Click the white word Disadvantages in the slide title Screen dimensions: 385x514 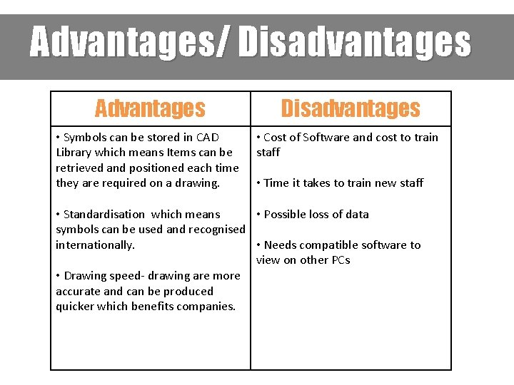[x=355, y=43]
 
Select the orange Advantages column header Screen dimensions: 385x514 [x=150, y=108]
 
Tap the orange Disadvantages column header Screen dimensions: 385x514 [x=351, y=108]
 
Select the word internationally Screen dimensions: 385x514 [x=95, y=245]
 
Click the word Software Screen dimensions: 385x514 [x=327, y=137]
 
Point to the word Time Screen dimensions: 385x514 [x=276, y=183]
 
